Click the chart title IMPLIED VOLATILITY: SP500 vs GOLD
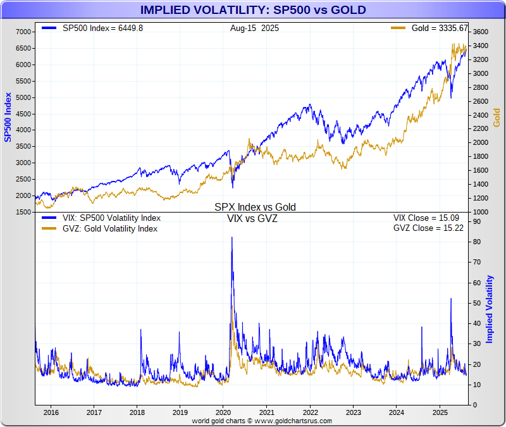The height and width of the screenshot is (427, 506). point(252,10)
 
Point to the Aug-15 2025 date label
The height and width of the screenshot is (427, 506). point(254,28)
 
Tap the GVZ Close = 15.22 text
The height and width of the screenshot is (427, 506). point(429,228)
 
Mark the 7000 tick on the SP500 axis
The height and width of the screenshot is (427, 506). point(23,32)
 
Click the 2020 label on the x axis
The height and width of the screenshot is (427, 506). point(223,412)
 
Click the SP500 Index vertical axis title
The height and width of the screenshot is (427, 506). point(8,117)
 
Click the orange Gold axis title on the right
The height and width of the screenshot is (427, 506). point(497,117)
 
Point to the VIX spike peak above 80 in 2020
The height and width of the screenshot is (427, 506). point(231,237)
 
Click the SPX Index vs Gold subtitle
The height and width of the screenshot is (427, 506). point(255,207)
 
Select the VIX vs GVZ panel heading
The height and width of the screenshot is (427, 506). point(252,219)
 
